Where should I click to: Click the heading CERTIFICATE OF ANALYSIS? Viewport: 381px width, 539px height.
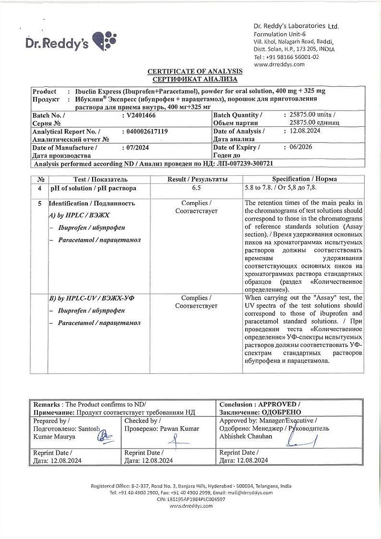pyautogui.click(x=195, y=71)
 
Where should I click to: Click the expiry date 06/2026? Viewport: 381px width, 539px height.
pyautogui.click(x=297, y=147)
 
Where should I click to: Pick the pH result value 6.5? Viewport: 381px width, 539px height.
pyautogui.click(x=196, y=188)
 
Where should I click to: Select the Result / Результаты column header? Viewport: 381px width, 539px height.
pyautogui.click(x=197, y=179)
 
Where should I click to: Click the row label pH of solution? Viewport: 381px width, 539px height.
pyautogui.click(x=93, y=188)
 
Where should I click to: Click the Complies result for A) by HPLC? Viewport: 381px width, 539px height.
pyautogui.click(x=196, y=207)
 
